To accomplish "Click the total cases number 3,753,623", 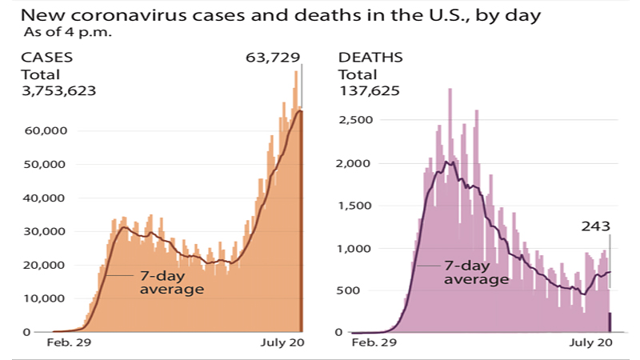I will pos(57,90).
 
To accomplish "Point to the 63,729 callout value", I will pos(273,58).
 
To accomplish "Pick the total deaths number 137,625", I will pos(369,90).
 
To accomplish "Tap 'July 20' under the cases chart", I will pos(283,342).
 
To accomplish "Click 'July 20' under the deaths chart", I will pos(591,342).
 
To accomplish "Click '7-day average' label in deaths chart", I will pos(476,272).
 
